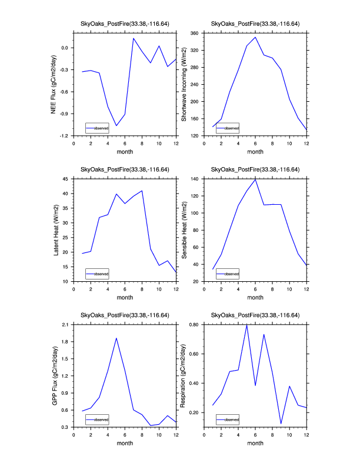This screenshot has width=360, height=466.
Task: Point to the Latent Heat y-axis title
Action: (56, 230)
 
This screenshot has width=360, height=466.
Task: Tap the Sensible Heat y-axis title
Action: (184, 230)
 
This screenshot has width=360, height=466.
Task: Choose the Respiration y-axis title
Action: (184, 375)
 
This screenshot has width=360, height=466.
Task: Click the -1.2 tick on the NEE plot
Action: (64, 135)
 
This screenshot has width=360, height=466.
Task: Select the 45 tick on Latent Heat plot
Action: (66, 179)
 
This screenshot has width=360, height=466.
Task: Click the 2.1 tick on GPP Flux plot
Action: (65, 325)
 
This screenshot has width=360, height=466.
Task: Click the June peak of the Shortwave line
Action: (255, 37)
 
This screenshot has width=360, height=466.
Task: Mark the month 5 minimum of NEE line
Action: (116, 125)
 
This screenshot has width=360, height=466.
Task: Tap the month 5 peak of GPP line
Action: (116, 338)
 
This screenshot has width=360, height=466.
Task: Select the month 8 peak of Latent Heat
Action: (142, 191)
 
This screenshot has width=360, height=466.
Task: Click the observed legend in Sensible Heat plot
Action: (228, 274)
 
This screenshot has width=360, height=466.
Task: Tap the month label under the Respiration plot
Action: (255, 443)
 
